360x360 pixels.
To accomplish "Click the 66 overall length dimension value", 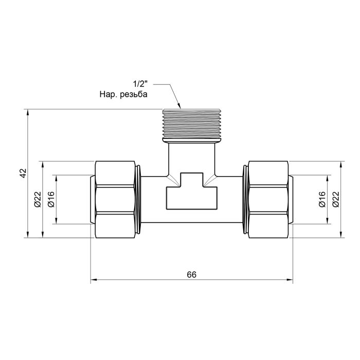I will (x=191, y=275).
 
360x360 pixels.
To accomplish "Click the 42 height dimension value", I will (x=22, y=173).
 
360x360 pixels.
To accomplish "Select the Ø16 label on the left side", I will (x=51, y=200).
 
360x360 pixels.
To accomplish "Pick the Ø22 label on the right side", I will (x=335, y=200).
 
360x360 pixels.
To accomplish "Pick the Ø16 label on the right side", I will (x=322, y=200).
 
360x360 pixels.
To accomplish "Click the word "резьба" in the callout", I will (x=132, y=95).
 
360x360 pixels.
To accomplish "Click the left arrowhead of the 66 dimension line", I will (x=93, y=281).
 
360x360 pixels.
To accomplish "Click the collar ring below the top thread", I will (x=192, y=139).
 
